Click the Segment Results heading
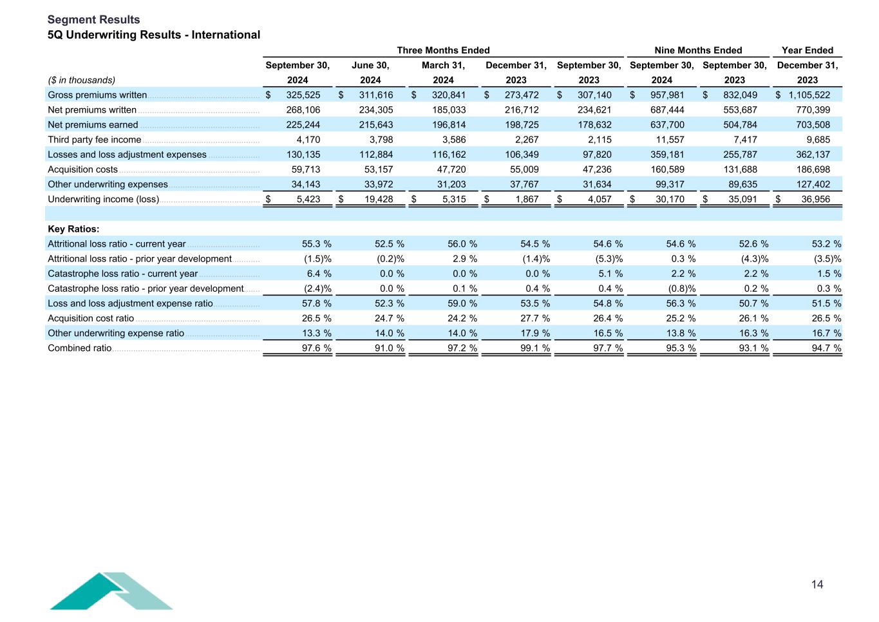93,20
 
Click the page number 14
817,585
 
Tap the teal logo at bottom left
111,591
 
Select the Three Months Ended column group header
443,50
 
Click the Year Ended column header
807,50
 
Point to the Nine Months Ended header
698,50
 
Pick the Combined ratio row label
79,348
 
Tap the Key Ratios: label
73,229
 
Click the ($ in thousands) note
82,80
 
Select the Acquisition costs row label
82,169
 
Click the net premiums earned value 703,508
813,125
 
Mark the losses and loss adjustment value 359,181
667,155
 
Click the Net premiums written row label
92,110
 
